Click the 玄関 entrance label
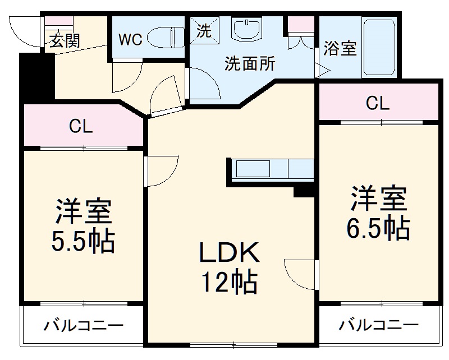[x=65, y=41]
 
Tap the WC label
[x=130, y=40]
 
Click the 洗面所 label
[x=250, y=63]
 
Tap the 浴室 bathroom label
[x=340, y=48]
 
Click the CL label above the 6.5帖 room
[x=377, y=103]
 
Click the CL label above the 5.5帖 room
[x=81, y=127]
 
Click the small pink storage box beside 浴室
[x=301, y=25]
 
